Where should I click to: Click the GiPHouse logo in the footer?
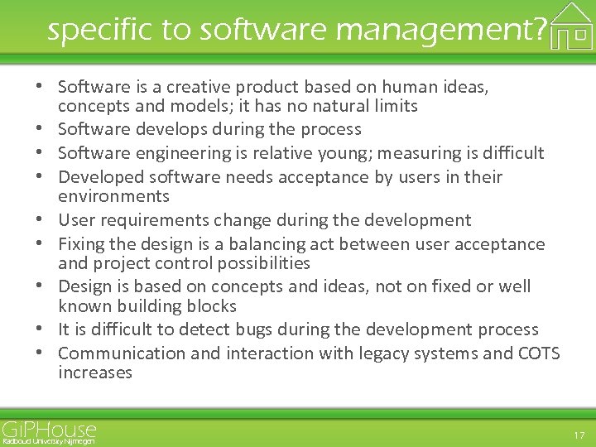49,429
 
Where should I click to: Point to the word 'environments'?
113,196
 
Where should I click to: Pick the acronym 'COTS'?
539,353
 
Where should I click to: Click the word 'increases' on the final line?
95,372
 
